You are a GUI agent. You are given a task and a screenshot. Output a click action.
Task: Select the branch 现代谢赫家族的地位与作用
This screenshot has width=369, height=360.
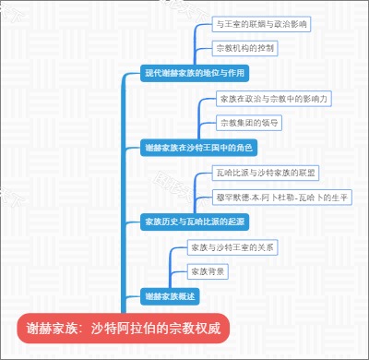(x=196, y=72)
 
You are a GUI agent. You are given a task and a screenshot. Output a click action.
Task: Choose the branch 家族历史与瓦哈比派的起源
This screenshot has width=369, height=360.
(x=195, y=222)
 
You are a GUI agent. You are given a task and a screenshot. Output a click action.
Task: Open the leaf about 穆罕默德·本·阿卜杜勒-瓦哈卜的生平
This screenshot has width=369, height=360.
(x=275, y=197)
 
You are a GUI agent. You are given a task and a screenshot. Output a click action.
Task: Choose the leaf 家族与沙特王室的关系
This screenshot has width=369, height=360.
(x=231, y=247)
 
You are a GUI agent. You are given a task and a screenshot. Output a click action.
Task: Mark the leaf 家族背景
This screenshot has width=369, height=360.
(x=208, y=271)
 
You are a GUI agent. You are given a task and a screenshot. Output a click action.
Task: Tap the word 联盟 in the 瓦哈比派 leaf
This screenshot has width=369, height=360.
(x=306, y=172)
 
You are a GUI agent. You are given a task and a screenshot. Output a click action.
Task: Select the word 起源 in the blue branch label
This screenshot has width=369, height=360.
(x=236, y=222)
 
